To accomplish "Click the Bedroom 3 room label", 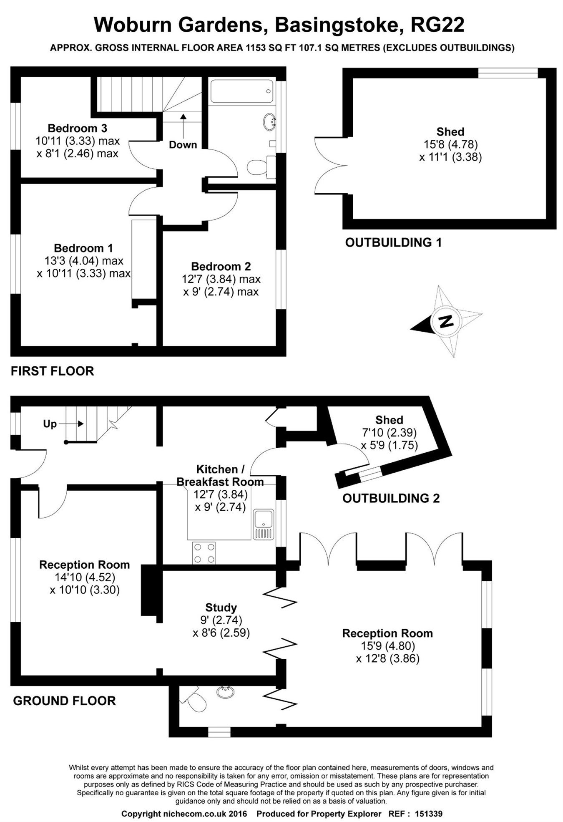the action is click(77, 128).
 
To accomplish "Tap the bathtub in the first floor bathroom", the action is click(241, 91).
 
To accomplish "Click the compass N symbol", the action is click(446, 322).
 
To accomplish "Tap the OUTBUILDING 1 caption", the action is click(393, 242).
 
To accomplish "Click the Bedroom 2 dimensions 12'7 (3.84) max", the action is click(221, 279).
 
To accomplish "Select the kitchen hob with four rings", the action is click(204, 553).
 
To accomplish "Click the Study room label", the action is click(221, 608).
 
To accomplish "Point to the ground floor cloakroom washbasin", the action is click(225, 692).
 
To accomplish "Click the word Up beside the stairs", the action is click(50, 424).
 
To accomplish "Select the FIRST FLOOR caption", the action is click(52, 371).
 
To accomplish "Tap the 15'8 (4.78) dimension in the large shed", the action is click(450, 144).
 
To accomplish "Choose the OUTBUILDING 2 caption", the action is click(391, 498).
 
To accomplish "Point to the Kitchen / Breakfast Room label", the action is click(220, 475).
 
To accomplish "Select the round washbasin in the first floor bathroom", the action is click(269, 121).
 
